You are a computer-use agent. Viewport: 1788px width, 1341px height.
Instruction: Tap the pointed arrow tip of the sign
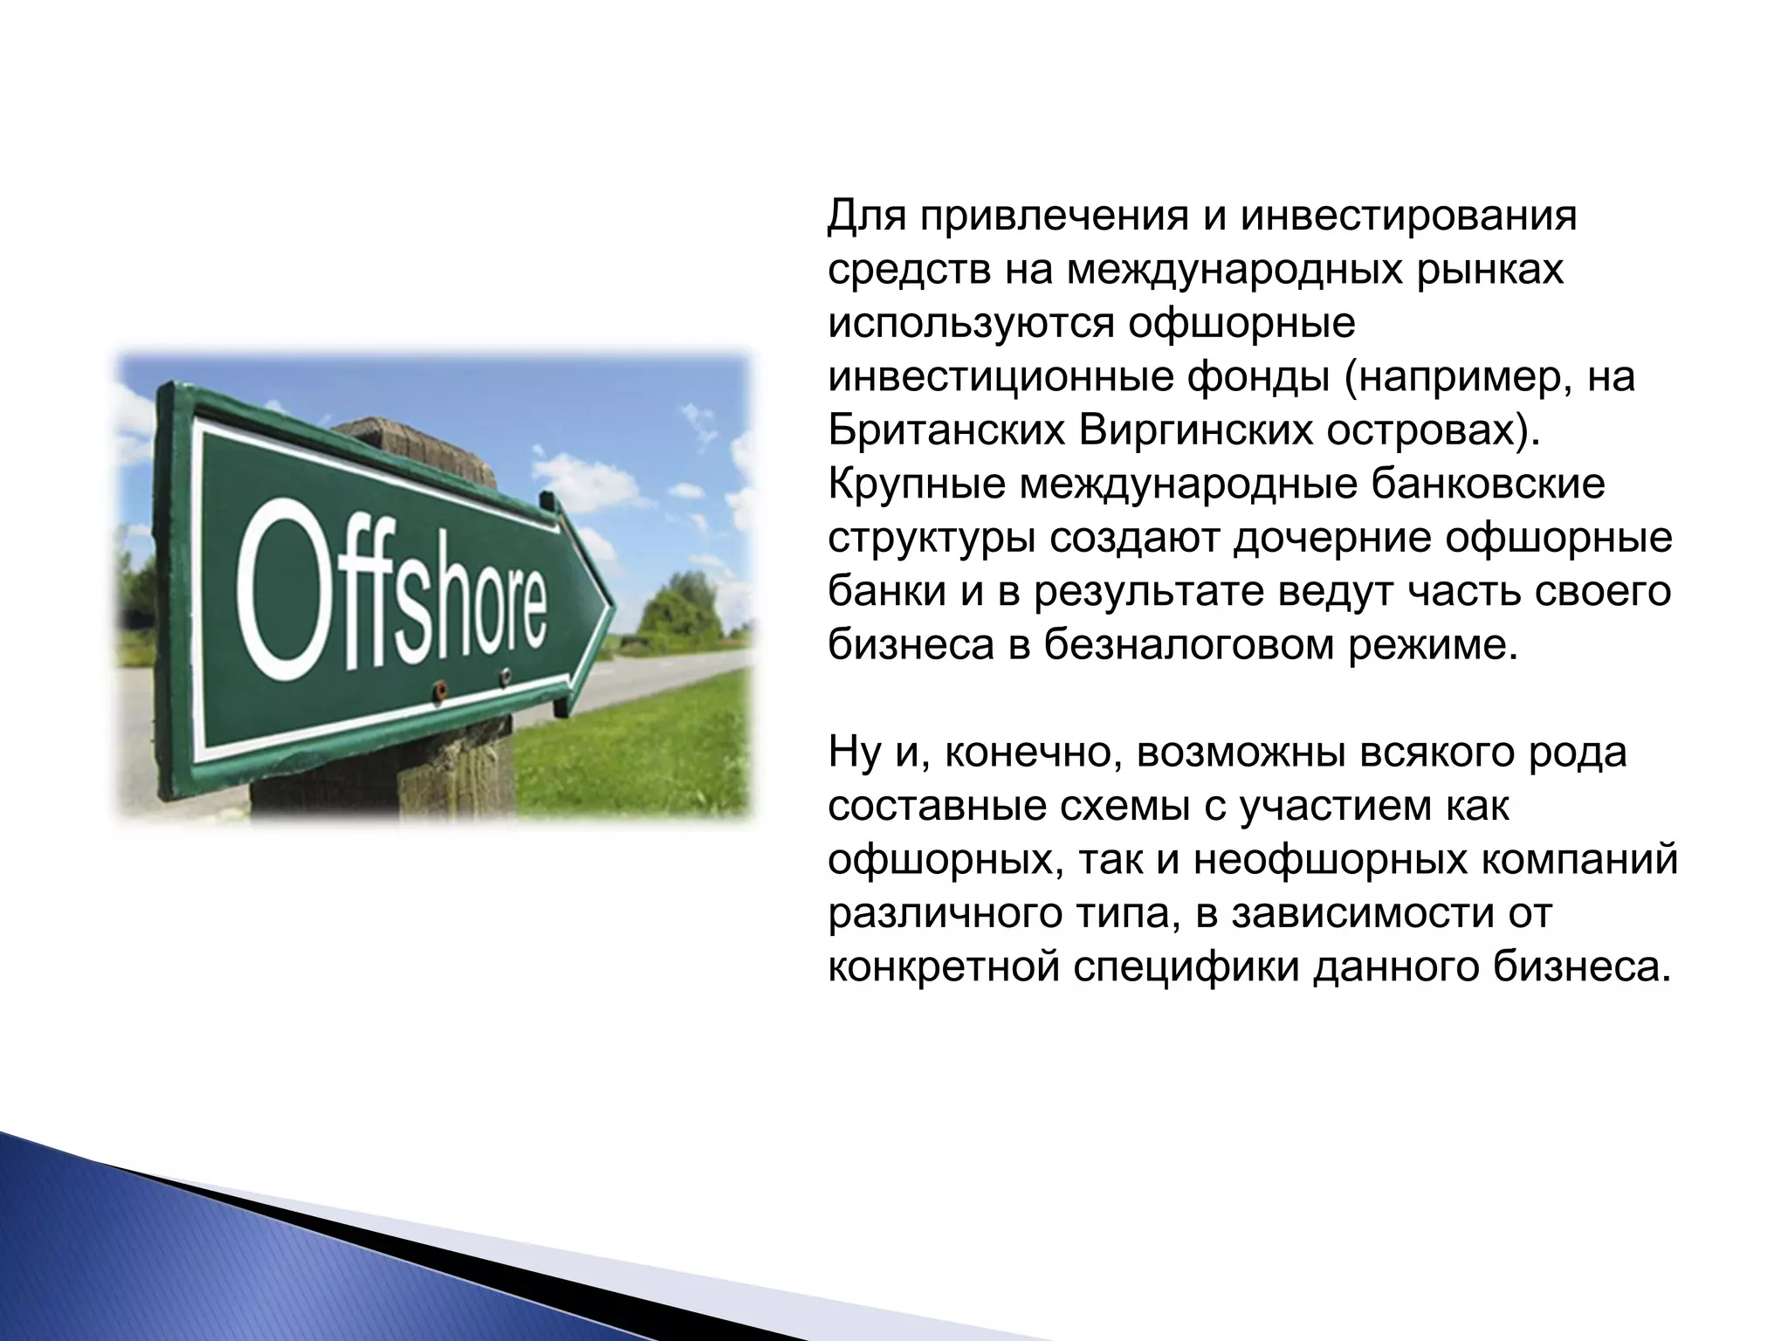click(608, 602)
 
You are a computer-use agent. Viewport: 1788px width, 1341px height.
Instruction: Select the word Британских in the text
click(945, 432)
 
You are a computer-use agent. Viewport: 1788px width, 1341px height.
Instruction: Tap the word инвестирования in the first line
click(1409, 217)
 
